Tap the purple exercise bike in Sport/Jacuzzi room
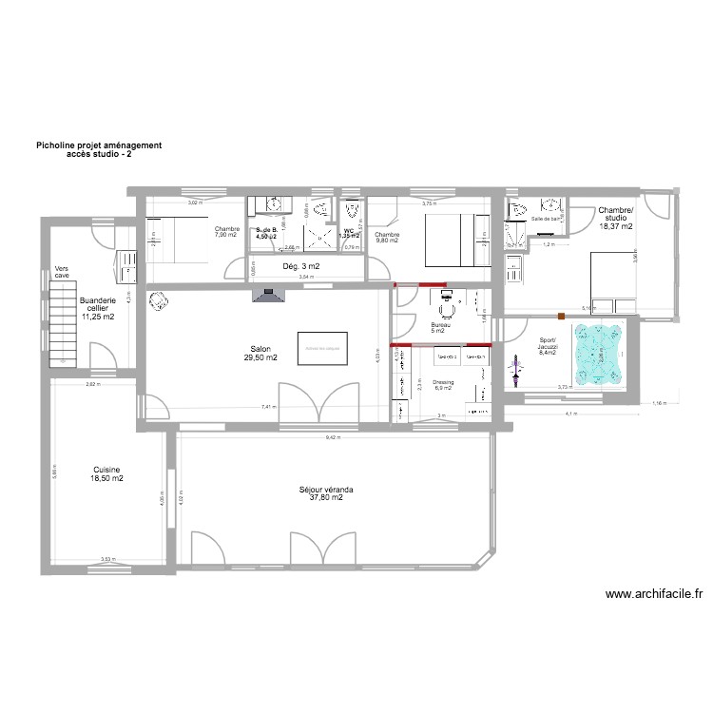pyautogui.click(x=516, y=376)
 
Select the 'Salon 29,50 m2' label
pyautogui.click(x=259, y=354)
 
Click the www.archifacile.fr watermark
pyautogui.click(x=653, y=594)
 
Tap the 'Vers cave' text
pyautogui.click(x=62, y=272)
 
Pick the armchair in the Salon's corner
pyautogui.click(x=158, y=301)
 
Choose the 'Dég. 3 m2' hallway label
pyautogui.click(x=301, y=266)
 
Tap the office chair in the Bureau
pyautogui.click(x=446, y=309)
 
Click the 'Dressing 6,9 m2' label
pyautogui.click(x=444, y=385)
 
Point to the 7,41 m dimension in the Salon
pyautogui.click(x=269, y=407)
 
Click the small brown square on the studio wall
pyautogui.click(x=563, y=315)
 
